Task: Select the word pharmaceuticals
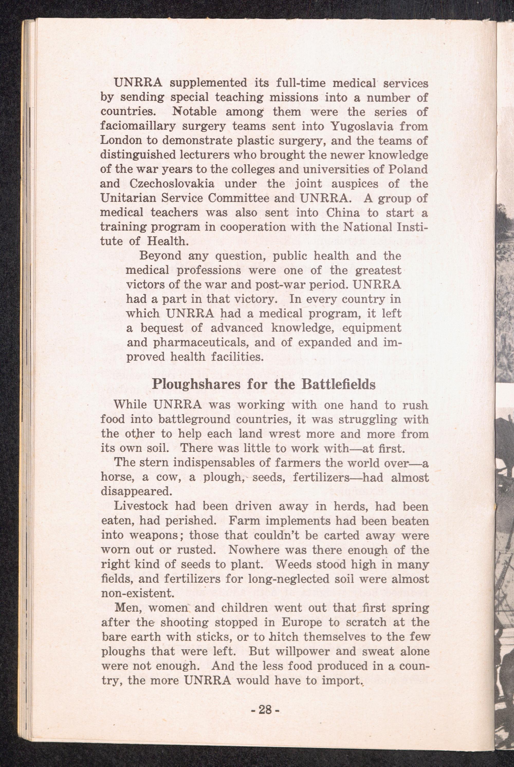(x=194, y=342)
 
